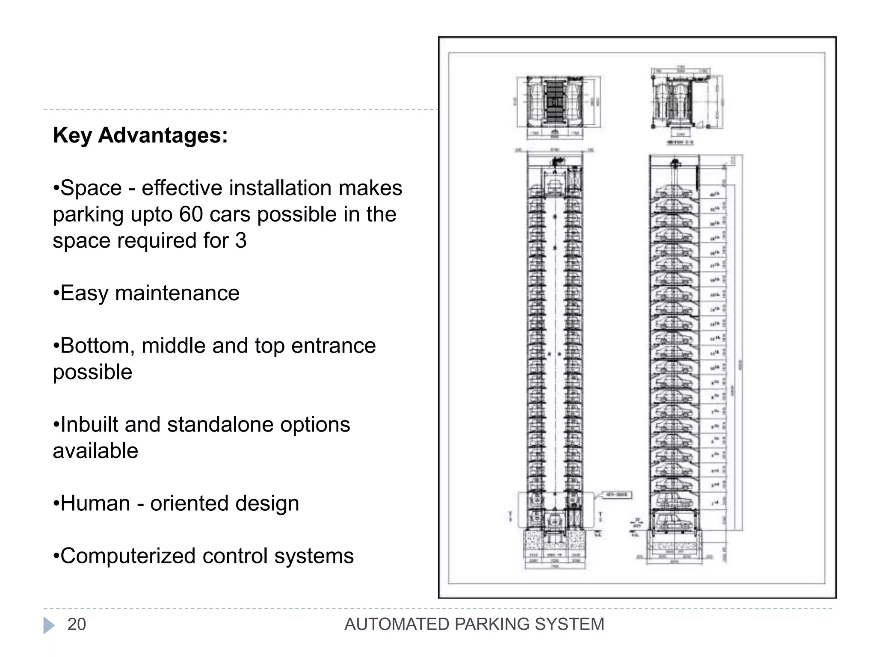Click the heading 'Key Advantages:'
tap(140, 136)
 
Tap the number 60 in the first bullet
tap(191, 214)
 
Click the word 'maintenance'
tap(177, 293)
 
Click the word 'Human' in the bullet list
tap(95, 503)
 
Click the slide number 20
tap(77, 624)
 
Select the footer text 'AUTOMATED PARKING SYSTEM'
tap(474, 624)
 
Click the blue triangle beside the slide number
tap(49, 625)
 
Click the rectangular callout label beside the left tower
tap(617, 495)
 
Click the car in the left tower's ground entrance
tap(554, 521)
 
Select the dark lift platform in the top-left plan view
tap(555, 101)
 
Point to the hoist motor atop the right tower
tap(675, 163)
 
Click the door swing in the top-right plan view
tap(700, 124)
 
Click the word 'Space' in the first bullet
tap(91, 188)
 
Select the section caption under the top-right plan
tap(680, 142)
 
